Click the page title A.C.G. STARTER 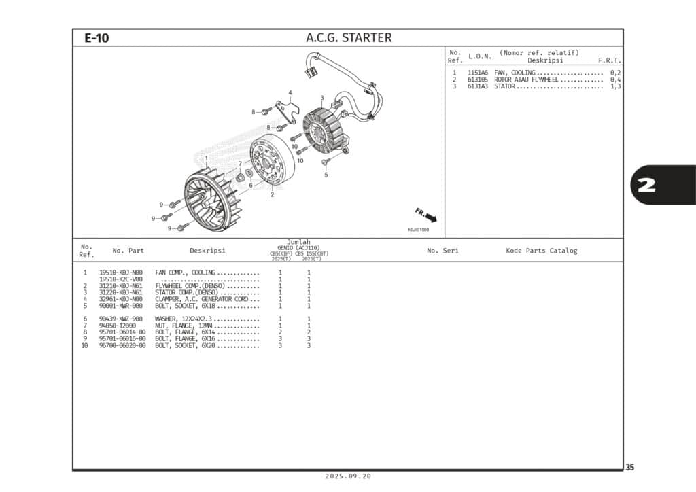(x=349, y=38)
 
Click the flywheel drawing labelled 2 (x=271, y=162)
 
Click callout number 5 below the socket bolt (x=326, y=175)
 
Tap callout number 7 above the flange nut (x=240, y=164)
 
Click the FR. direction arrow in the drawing (x=427, y=215)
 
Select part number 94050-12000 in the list (x=117, y=326)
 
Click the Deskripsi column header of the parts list (x=207, y=251)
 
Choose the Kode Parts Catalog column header (x=541, y=251)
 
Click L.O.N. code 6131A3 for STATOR (x=477, y=86)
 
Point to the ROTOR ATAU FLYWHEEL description (x=526, y=80)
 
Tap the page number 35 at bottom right (x=630, y=468)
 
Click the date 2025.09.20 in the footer (x=348, y=476)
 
